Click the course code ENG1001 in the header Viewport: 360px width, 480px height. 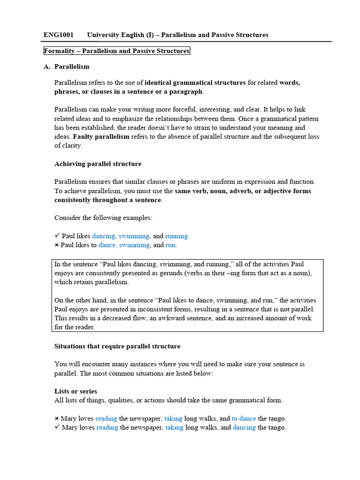[x=59, y=35]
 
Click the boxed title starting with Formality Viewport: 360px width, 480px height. [x=116, y=51]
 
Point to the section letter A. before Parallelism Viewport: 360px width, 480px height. [x=47, y=67]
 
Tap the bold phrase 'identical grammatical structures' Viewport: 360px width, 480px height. [x=195, y=82]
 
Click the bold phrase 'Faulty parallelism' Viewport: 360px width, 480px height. [x=101, y=136]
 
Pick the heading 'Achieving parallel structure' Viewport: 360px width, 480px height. [x=97, y=164]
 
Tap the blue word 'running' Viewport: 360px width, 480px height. [x=176, y=236]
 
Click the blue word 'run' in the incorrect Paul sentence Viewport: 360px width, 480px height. [x=171, y=245]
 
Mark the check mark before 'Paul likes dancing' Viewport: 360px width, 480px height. [x=57, y=236]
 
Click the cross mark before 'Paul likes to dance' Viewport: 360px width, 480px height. [x=57, y=245]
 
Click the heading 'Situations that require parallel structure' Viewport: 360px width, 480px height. [x=117, y=346]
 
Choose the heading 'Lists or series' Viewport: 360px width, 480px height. [x=76, y=391]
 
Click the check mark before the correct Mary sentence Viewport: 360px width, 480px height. [x=57, y=427]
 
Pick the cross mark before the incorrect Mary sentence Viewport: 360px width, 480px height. [x=57, y=419]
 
